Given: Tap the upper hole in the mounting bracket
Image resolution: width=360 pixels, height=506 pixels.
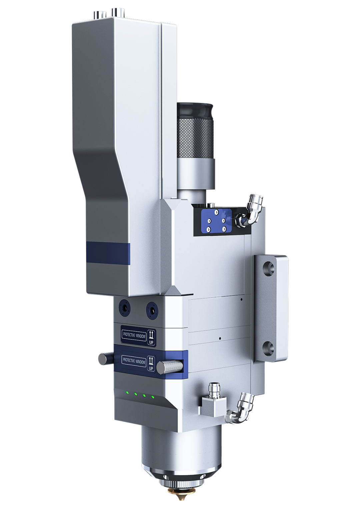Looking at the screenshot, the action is tap(269, 267).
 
